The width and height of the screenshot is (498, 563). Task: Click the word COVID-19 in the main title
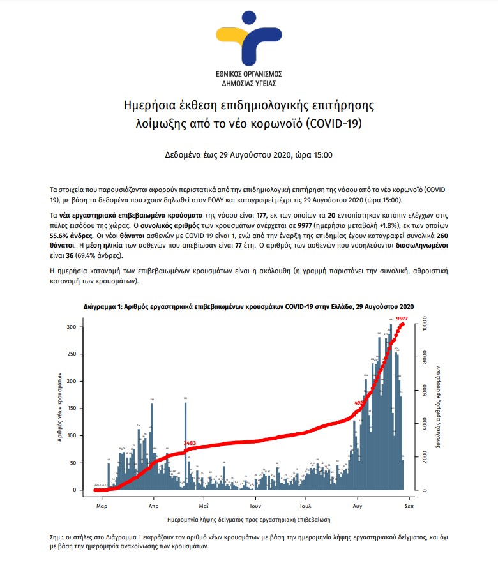pyautogui.click(x=335, y=123)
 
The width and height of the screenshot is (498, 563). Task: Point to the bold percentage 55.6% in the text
pyautogui.click(x=63, y=235)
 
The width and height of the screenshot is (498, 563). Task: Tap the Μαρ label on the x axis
pyautogui.click(x=101, y=505)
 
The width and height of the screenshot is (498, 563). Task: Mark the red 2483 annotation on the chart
pyautogui.click(x=190, y=443)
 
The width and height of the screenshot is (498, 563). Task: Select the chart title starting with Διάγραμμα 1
pyautogui.click(x=249, y=307)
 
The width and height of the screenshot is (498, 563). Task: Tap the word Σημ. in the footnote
pyautogui.click(x=56, y=537)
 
